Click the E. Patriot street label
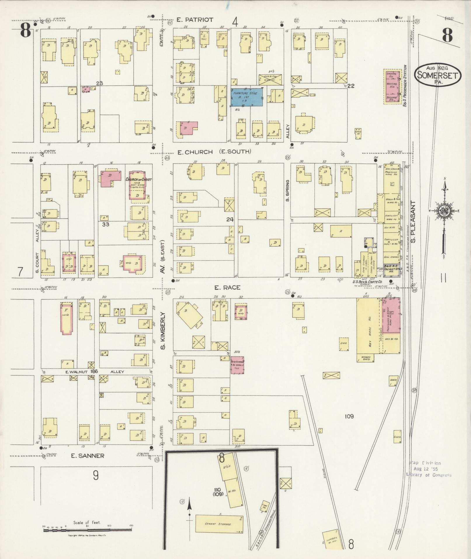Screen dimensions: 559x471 point(195,20)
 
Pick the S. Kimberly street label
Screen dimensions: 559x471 point(163,331)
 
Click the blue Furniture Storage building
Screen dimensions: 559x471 point(246,97)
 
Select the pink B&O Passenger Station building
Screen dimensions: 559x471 point(392,86)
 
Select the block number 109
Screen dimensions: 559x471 point(349,416)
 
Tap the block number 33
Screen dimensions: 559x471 point(105,224)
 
